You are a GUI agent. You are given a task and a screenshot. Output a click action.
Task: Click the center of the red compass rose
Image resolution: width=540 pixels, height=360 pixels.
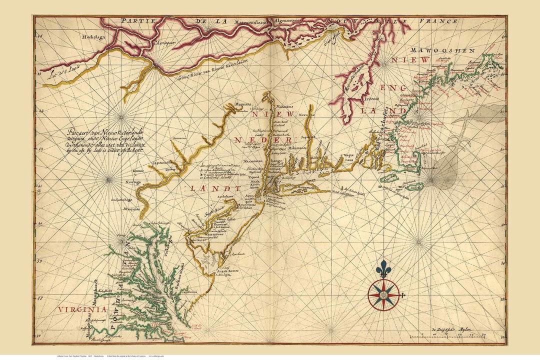tap(383, 295)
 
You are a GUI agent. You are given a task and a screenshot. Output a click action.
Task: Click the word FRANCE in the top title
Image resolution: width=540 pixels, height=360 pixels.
tap(440, 21)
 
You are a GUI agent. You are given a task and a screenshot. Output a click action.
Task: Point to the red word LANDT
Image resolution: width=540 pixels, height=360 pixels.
tap(215, 188)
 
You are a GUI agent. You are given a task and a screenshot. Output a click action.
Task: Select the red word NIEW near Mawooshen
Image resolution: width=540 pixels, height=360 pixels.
tap(417, 59)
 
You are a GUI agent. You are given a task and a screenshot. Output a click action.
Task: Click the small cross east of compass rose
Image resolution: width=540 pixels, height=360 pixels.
tap(401, 295)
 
